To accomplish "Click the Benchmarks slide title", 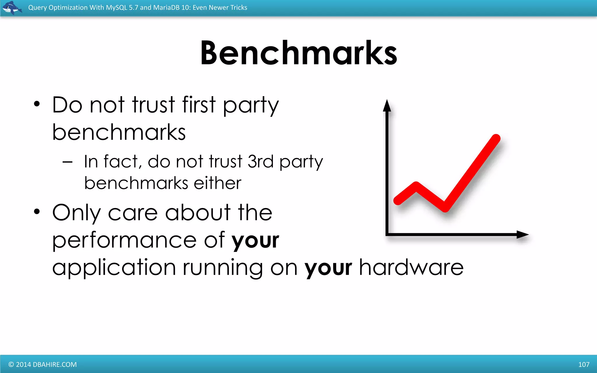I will pyautogui.click(x=298, y=53).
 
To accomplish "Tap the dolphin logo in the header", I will pyautogui.click(x=12, y=8).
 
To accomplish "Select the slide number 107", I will pyautogui.click(x=584, y=364).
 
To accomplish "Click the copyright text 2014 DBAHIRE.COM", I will pyautogui.click(x=43, y=364).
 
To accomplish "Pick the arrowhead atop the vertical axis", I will pyautogui.click(x=387, y=105).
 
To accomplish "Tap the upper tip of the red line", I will pyautogui.click(x=496, y=138).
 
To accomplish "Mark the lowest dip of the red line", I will pyautogui.click(x=445, y=208).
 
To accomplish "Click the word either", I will pyautogui.click(x=217, y=183).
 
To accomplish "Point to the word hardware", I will pyautogui.click(x=411, y=267).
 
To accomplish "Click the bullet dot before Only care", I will pyautogui.click(x=36, y=212).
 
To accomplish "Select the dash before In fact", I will pyautogui.click(x=67, y=162).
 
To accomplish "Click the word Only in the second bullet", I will pyautogui.click(x=76, y=213).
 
